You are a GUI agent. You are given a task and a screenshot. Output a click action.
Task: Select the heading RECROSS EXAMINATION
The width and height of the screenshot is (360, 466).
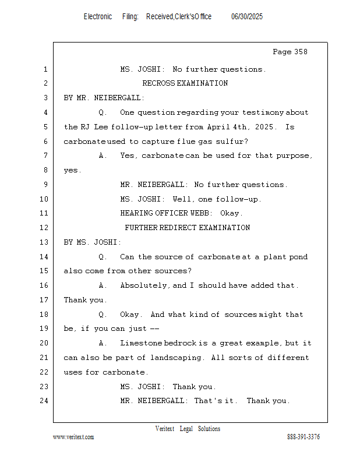pos(185,83)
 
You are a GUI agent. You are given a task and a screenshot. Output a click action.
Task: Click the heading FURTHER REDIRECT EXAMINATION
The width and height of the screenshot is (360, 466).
pos(187,228)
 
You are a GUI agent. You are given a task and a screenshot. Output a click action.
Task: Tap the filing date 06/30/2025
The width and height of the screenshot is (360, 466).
pos(247,17)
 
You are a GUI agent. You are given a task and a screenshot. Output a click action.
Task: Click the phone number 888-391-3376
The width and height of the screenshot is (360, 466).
pos(303,437)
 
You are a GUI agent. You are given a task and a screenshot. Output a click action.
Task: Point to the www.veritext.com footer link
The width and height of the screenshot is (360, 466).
pos(73,437)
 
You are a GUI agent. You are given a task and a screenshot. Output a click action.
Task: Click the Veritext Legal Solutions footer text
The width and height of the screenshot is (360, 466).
pos(188,429)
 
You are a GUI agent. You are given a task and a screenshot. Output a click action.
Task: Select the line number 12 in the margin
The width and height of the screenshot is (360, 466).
pos(45,228)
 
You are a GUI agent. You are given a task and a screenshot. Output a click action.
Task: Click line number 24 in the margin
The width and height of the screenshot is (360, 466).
pos(45,401)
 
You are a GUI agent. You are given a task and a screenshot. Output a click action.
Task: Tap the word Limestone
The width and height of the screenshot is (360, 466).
pos(140,343)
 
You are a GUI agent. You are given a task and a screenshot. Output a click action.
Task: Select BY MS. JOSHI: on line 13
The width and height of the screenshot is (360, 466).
pos(93,242)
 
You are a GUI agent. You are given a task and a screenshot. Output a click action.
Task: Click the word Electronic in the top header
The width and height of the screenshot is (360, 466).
pos(98,17)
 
